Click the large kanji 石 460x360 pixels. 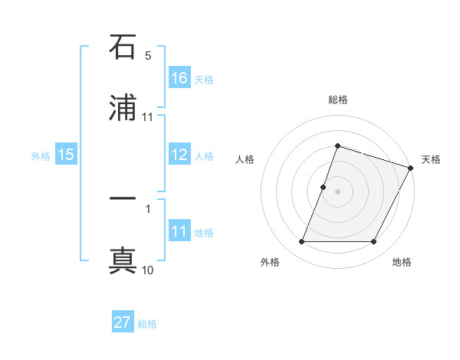click(123, 48)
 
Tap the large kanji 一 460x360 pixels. click(123, 201)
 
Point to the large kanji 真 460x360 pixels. click(123, 260)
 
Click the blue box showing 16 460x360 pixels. click(179, 78)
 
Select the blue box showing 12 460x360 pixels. click(179, 155)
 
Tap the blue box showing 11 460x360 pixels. click(179, 231)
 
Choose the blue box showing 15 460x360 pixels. click(66, 155)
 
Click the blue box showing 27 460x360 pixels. click(123, 322)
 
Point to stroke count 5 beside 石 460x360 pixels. click(148, 56)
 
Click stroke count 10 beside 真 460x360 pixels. click(148, 270)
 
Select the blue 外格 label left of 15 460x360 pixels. click(41, 155)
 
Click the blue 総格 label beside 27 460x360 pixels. click(147, 323)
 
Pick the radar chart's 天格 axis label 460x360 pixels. click(431, 159)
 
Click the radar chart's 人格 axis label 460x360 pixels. click(245, 159)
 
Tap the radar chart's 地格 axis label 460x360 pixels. click(402, 263)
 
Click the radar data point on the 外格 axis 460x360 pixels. click(302, 242)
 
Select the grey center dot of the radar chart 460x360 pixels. click(338, 191)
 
